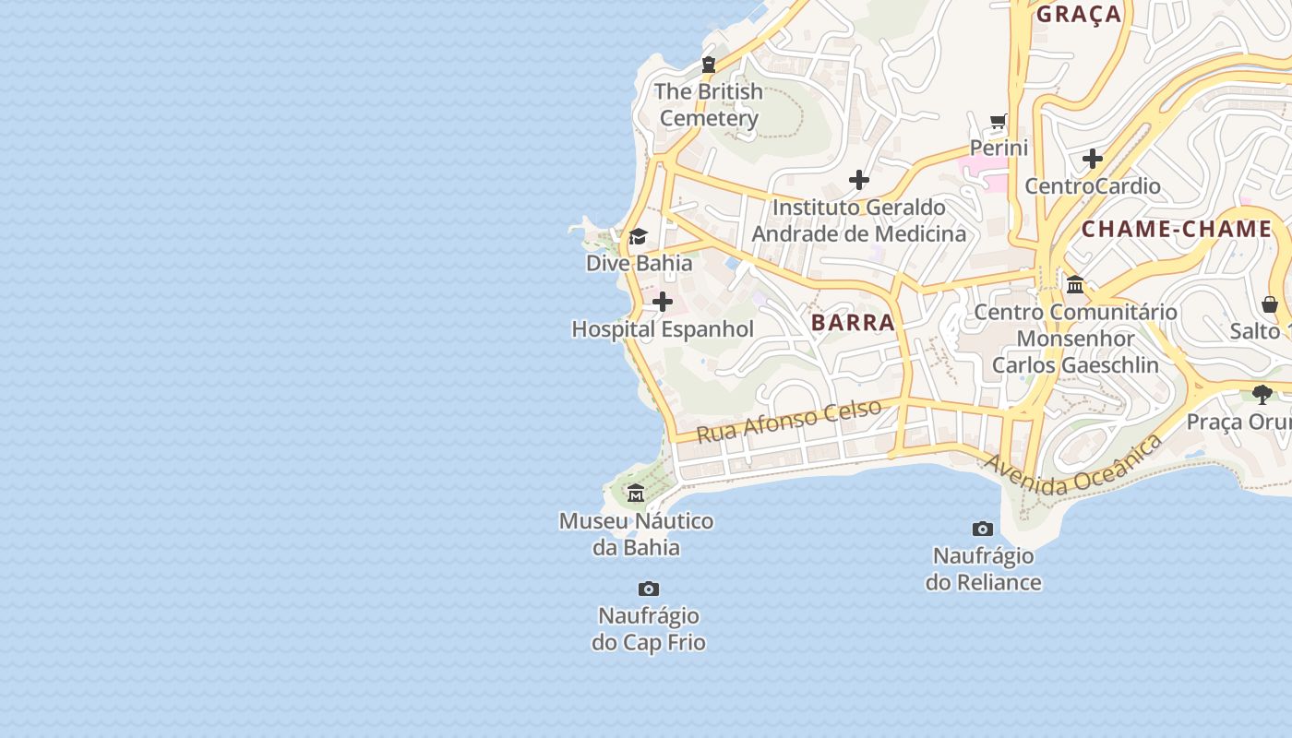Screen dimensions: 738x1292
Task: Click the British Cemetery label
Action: coord(709,104)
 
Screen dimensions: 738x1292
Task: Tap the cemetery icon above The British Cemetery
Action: coord(709,65)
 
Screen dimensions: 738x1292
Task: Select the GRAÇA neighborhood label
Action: coord(1078,14)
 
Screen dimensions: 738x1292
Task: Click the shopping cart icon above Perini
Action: coord(999,121)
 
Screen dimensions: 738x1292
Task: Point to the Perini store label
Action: coord(999,148)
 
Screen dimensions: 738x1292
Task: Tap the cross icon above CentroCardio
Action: coord(1093,159)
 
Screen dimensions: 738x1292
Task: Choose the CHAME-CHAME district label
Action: coord(1177,229)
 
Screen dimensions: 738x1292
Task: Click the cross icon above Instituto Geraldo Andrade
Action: coord(859,180)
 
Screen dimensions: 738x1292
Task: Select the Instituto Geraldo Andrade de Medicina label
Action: coord(859,220)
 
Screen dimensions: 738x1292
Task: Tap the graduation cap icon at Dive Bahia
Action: coord(638,237)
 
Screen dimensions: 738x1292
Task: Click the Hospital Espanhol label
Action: coord(663,329)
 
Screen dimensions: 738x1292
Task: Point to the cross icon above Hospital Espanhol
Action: coord(663,302)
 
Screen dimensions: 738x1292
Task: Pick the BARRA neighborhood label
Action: coord(854,323)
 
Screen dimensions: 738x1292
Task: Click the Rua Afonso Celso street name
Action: coord(789,421)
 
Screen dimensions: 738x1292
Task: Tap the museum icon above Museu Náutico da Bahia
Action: coord(636,494)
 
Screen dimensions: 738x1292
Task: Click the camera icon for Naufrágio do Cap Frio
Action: coord(649,589)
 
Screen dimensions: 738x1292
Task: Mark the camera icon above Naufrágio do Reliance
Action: coord(983,529)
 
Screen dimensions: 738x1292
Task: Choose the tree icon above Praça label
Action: coord(1262,395)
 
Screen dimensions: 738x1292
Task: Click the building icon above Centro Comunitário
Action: coord(1075,285)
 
